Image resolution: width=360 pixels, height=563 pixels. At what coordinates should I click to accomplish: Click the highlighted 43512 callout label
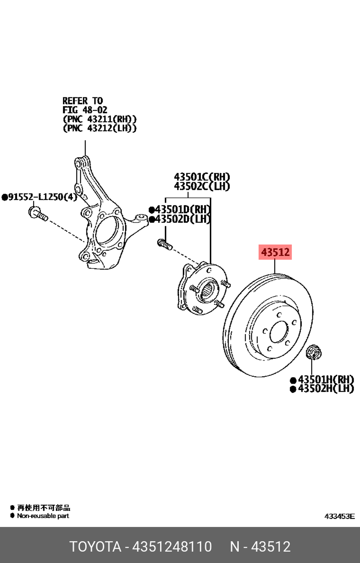pos(275,252)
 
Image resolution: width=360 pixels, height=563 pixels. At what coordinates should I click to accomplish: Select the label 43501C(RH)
pos(202,177)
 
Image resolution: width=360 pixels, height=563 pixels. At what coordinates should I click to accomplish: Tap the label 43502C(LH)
pos(202,186)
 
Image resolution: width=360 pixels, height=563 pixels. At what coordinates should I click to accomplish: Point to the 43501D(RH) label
pos(183,209)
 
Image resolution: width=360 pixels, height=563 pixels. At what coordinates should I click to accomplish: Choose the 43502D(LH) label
pos(183,219)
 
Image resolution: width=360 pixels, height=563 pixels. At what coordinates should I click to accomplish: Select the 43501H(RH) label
pos(326,379)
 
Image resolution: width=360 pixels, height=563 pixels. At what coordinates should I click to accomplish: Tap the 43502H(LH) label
pos(326,389)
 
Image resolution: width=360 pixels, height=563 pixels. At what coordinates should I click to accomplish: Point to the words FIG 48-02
pos(85,110)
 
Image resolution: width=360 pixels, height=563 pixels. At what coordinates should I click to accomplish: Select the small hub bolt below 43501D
pos(165,245)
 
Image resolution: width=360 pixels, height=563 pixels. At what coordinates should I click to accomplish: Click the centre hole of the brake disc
pos(279,332)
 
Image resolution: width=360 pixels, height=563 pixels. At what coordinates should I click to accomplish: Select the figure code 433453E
pos(339,517)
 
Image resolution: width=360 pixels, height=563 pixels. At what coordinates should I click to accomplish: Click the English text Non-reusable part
pos(43,516)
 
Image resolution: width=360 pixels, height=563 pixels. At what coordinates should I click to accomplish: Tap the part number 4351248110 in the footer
pos(172,546)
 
